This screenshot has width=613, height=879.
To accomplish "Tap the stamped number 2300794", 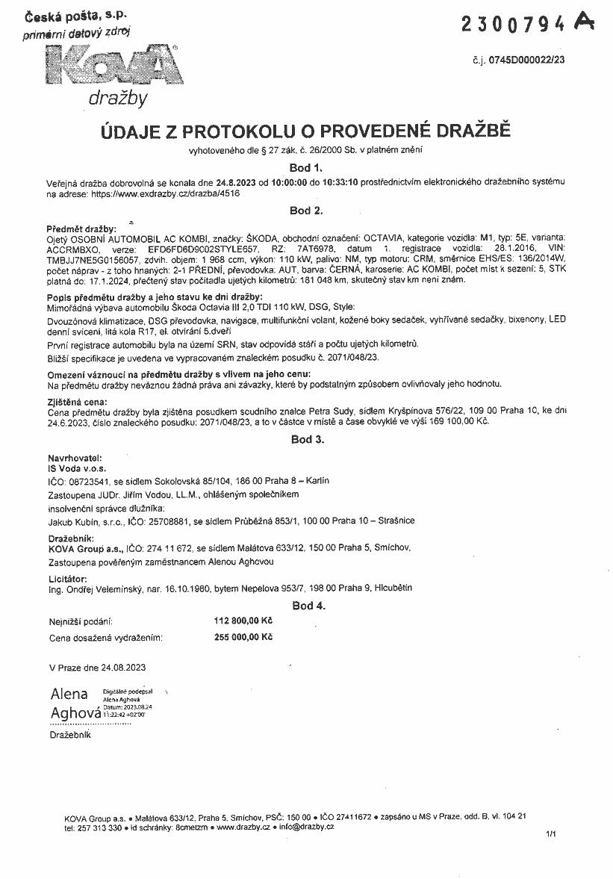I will pyautogui.click(x=513, y=25).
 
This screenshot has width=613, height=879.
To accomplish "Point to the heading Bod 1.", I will pyautogui.click(x=305, y=168).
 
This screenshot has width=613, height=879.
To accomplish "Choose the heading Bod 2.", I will pyautogui.click(x=305, y=211).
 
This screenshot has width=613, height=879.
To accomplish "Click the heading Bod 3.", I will pyautogui.click(x=307, y=439).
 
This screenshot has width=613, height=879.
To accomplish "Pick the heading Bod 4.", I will pyautogui.click(x=307, y=605).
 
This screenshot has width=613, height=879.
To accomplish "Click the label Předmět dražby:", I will pyautogui.click(x=81, y=228).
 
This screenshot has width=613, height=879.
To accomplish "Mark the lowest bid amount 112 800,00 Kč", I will pyautogui.click(x=243, y=620).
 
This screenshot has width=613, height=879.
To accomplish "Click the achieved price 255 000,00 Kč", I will pyautogui.click(x=243, y=637).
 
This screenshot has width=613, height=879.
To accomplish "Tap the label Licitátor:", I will pyautogui.click(x=68, y=578).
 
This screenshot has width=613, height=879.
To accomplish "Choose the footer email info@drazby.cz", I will pyautogui.click(x=306, y=827).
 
